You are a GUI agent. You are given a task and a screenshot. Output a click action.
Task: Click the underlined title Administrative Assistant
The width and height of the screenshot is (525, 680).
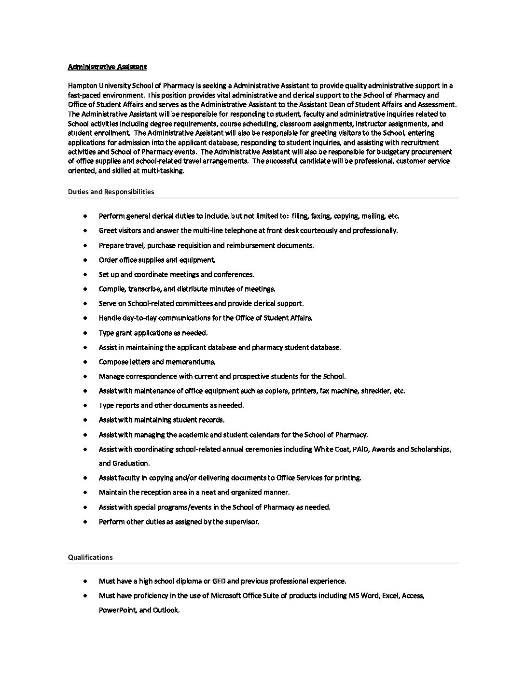pyautogui.click(x=107, y=67)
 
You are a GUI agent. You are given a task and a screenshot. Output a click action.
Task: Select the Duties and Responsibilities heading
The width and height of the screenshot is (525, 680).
pyautogui.click(x=111, y=192)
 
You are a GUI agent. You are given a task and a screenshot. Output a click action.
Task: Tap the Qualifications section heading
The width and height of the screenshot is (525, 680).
pyautogui.click(x=90, y=557)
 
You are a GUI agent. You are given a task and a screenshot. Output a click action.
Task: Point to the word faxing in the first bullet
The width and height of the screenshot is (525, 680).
pyautogui.click(x=323, y=216)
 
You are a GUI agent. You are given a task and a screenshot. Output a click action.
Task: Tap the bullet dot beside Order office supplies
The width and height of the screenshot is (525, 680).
pyautogui.click(x=85, y=260)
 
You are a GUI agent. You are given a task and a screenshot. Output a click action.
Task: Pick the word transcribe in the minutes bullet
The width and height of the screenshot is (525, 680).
pyautogui.click(x=144, y=289)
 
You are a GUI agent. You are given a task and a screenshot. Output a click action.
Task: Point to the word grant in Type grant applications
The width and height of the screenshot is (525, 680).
pyautogui.click(x=124, y=333)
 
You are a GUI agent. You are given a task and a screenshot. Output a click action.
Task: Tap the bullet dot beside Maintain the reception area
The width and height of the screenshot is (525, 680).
pyautogui.click(x=85, y=492)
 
